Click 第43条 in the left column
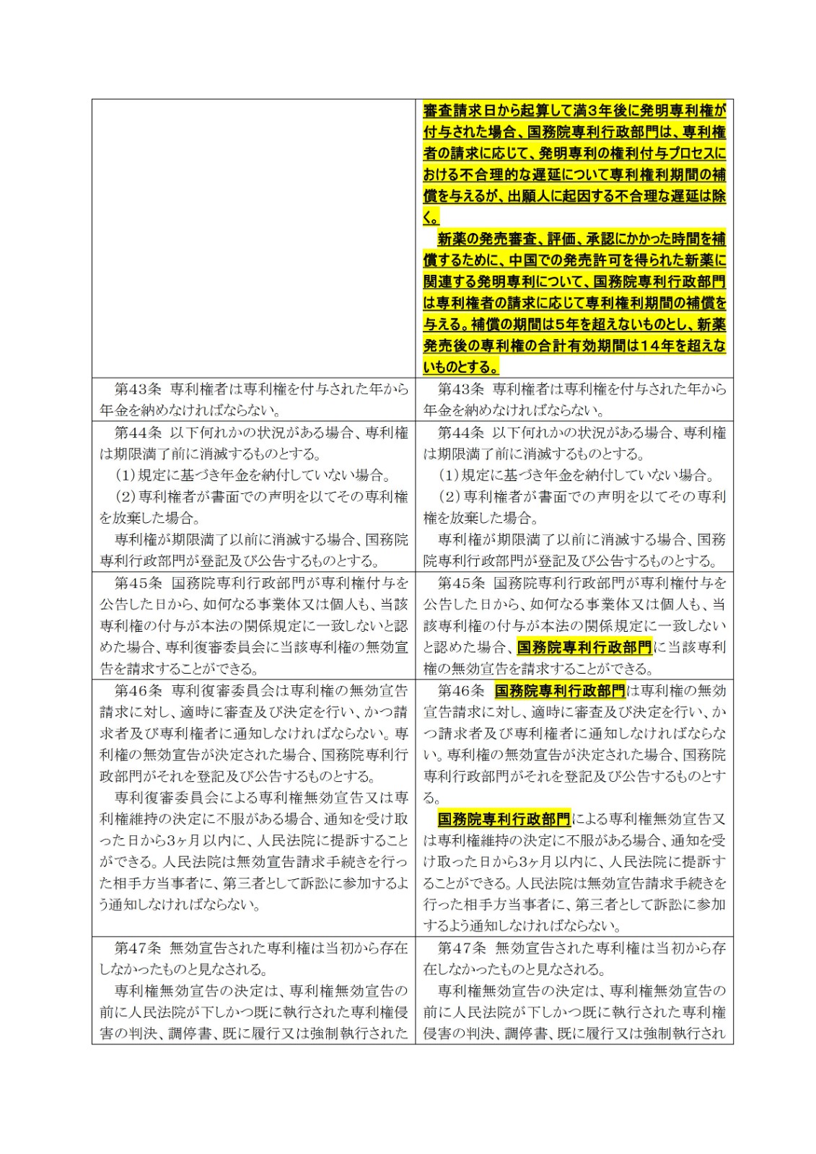coord(139,389)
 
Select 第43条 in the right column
coord(461,389)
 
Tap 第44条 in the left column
coord(139,433)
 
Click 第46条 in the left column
coord(139,691)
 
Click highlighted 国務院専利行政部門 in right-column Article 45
coord(584,647)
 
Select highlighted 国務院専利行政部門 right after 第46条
coord(560,691)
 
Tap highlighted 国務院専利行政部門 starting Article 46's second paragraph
coord(504,819)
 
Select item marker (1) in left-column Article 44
coord(126,475)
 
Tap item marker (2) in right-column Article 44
coord(449,497)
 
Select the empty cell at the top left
coord(253,238)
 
